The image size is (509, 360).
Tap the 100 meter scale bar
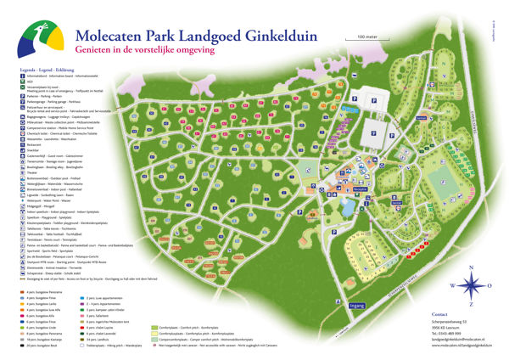point(367,41)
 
